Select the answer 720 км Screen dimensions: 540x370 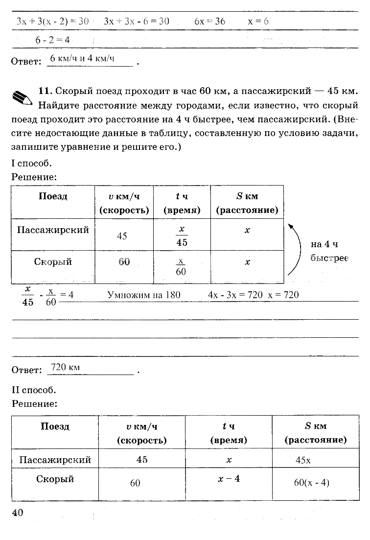[x=66, y=368]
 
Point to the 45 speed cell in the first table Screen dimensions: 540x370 [x=122, y=236]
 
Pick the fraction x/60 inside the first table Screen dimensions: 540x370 [x=181, y=266]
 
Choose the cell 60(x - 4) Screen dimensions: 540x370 [x=312, y=482]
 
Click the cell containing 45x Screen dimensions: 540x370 [x=303, y=460]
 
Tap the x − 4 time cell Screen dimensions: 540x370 [x=229, y=478]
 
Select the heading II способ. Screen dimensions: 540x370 [x=34, y=390]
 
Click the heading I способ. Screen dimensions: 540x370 [x=31, y=163]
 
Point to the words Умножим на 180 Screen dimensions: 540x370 [x=144, y=295]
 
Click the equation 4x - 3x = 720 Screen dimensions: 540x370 [x=235, y=295]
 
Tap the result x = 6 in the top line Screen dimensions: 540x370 [x=258, y=21]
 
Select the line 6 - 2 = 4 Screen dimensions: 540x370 [x=53, y=40]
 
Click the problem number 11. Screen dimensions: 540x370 [x=45, y=91]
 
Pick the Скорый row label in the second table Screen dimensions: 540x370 [x=55, y=479]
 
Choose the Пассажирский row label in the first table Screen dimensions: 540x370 [x=53, y=230]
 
